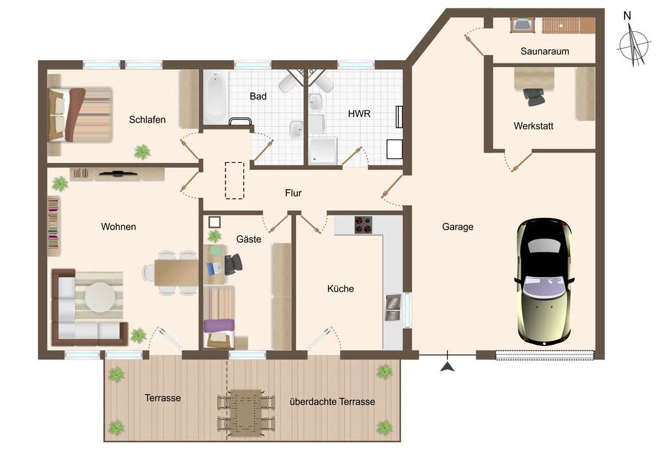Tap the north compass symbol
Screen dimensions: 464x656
634,44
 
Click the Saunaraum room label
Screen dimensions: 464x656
545,51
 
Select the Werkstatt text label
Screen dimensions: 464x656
533,126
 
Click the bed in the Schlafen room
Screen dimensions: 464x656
80,114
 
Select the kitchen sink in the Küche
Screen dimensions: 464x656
392,306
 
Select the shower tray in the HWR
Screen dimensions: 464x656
322,149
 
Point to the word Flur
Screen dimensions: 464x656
293,193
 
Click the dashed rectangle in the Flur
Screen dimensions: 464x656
234,180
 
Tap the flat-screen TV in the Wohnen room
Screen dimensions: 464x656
115,173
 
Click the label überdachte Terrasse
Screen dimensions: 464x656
332,402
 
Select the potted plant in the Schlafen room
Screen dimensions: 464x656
142,152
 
